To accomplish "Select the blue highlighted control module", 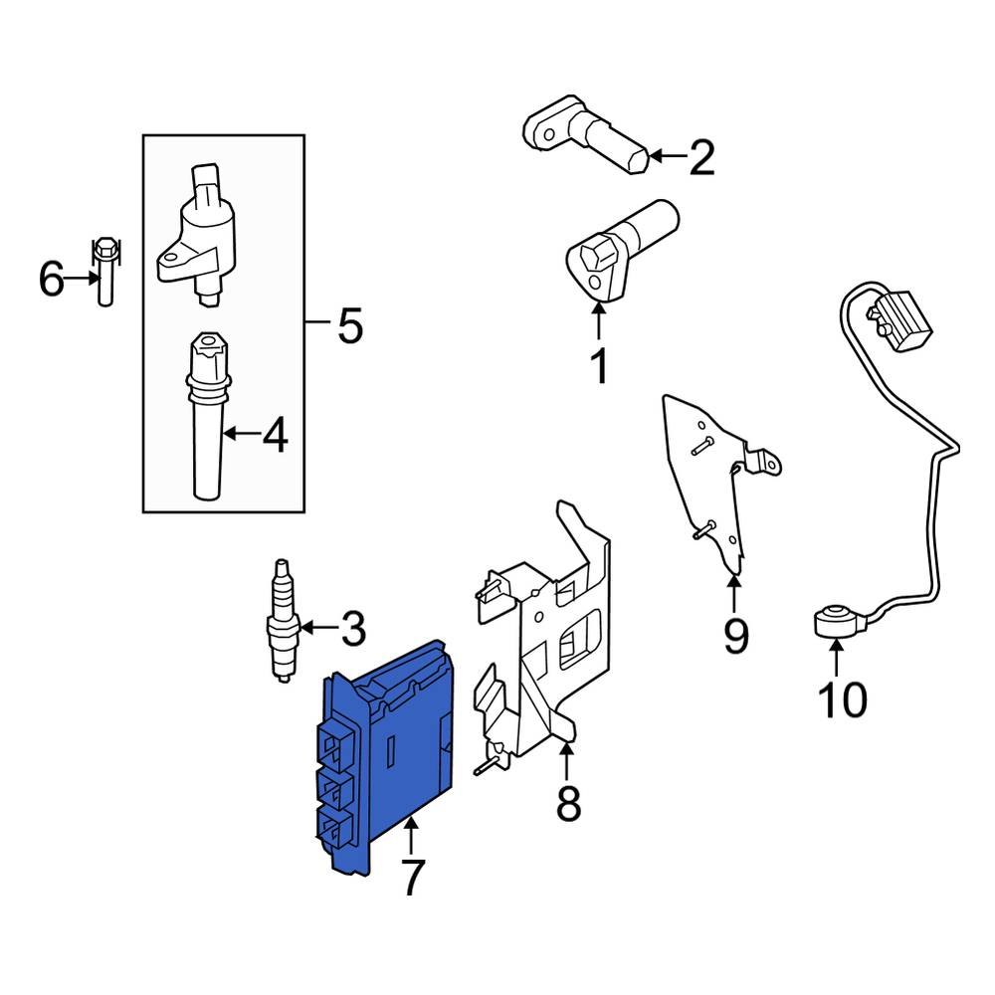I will (393, 756).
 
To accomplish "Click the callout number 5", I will (349, 324).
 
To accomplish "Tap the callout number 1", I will (599, 367).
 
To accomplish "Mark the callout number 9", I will (734, 636).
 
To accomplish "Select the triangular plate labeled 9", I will (708, 478).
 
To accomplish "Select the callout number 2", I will (701, 157).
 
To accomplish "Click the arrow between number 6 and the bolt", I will (80, 280).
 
